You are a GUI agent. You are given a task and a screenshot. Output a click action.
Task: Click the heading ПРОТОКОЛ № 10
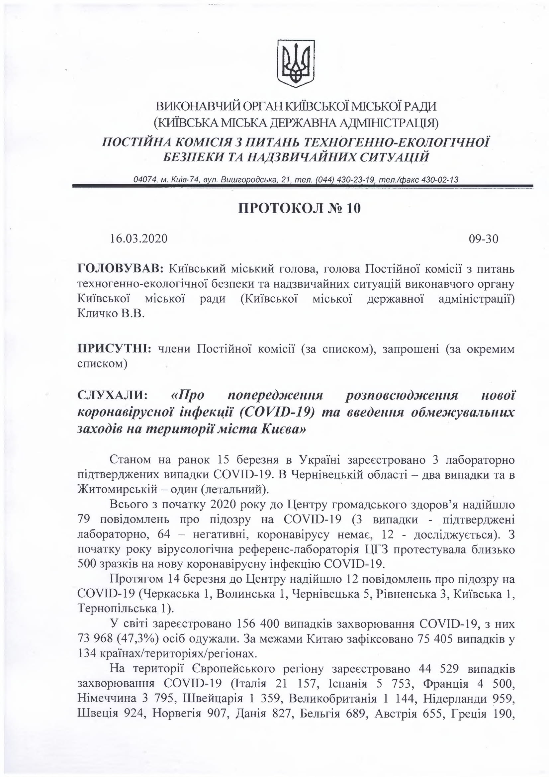click(x=299, y=209)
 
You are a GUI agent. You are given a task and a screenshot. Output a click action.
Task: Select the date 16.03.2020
click(x=139, y=239)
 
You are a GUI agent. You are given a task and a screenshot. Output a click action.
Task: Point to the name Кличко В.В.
click(x=111, y=314)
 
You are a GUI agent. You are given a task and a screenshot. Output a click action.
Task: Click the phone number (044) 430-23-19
click(x=345, y=180)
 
